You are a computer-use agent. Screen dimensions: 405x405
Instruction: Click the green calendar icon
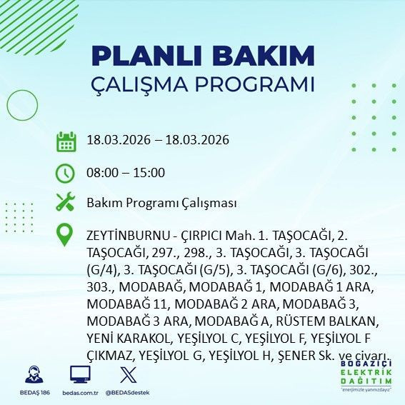(66, 141)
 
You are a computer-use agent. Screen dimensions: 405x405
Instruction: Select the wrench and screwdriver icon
(66, 203)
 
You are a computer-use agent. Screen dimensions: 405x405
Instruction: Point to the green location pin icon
(66, 234)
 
